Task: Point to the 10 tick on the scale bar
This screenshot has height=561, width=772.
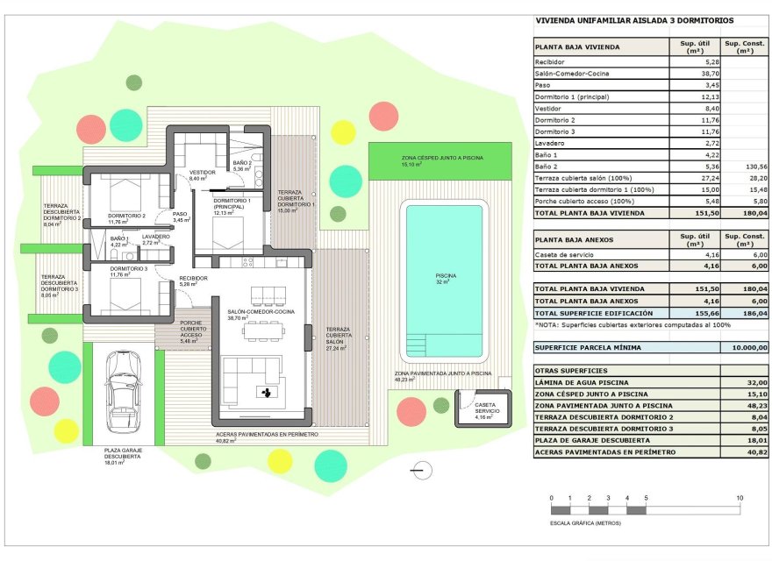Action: click(x=740, y=498)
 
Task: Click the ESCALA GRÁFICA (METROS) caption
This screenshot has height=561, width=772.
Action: click(x=585, y=522)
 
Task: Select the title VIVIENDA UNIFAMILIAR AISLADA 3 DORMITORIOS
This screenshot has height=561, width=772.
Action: click(x=634, y=20)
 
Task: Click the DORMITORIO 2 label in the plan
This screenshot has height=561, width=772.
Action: click(x=126, y=215)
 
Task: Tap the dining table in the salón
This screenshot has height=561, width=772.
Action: click(x=263, y=330)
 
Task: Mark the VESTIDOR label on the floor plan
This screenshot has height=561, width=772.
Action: click(x=203, y=174)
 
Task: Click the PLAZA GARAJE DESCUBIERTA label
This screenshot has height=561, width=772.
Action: click(x=122, y=453)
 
